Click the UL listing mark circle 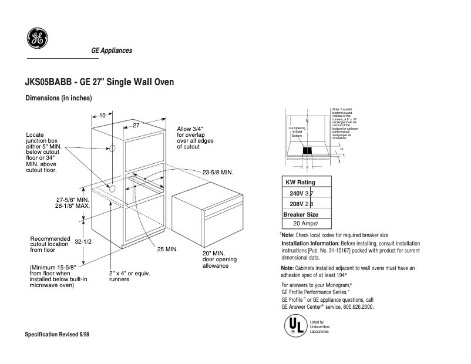pyautogui.click(x=295, y=326)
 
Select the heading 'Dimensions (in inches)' pyautogui.click(x=58, y=98)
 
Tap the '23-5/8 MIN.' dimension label pyautogui.click(x=218, y=172)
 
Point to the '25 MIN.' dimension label pyautogui.click(x=167, y=249)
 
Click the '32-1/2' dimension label pyautogui.click(x=83, y=241)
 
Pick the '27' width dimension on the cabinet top pyautogui.click(x=136, y=126)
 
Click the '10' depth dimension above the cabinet pyautogui.click(x=102, y=116)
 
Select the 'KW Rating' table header pyautogui.click(x=300, y=182)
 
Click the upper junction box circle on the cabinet pyautogui.click(x=110, y=149)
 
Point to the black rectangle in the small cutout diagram pyautogui.click(x=307, y=150)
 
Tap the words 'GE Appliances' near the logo pyautogui.click(x=112, y=50)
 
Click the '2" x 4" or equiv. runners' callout pyautogui.click(x=127, y=277)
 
